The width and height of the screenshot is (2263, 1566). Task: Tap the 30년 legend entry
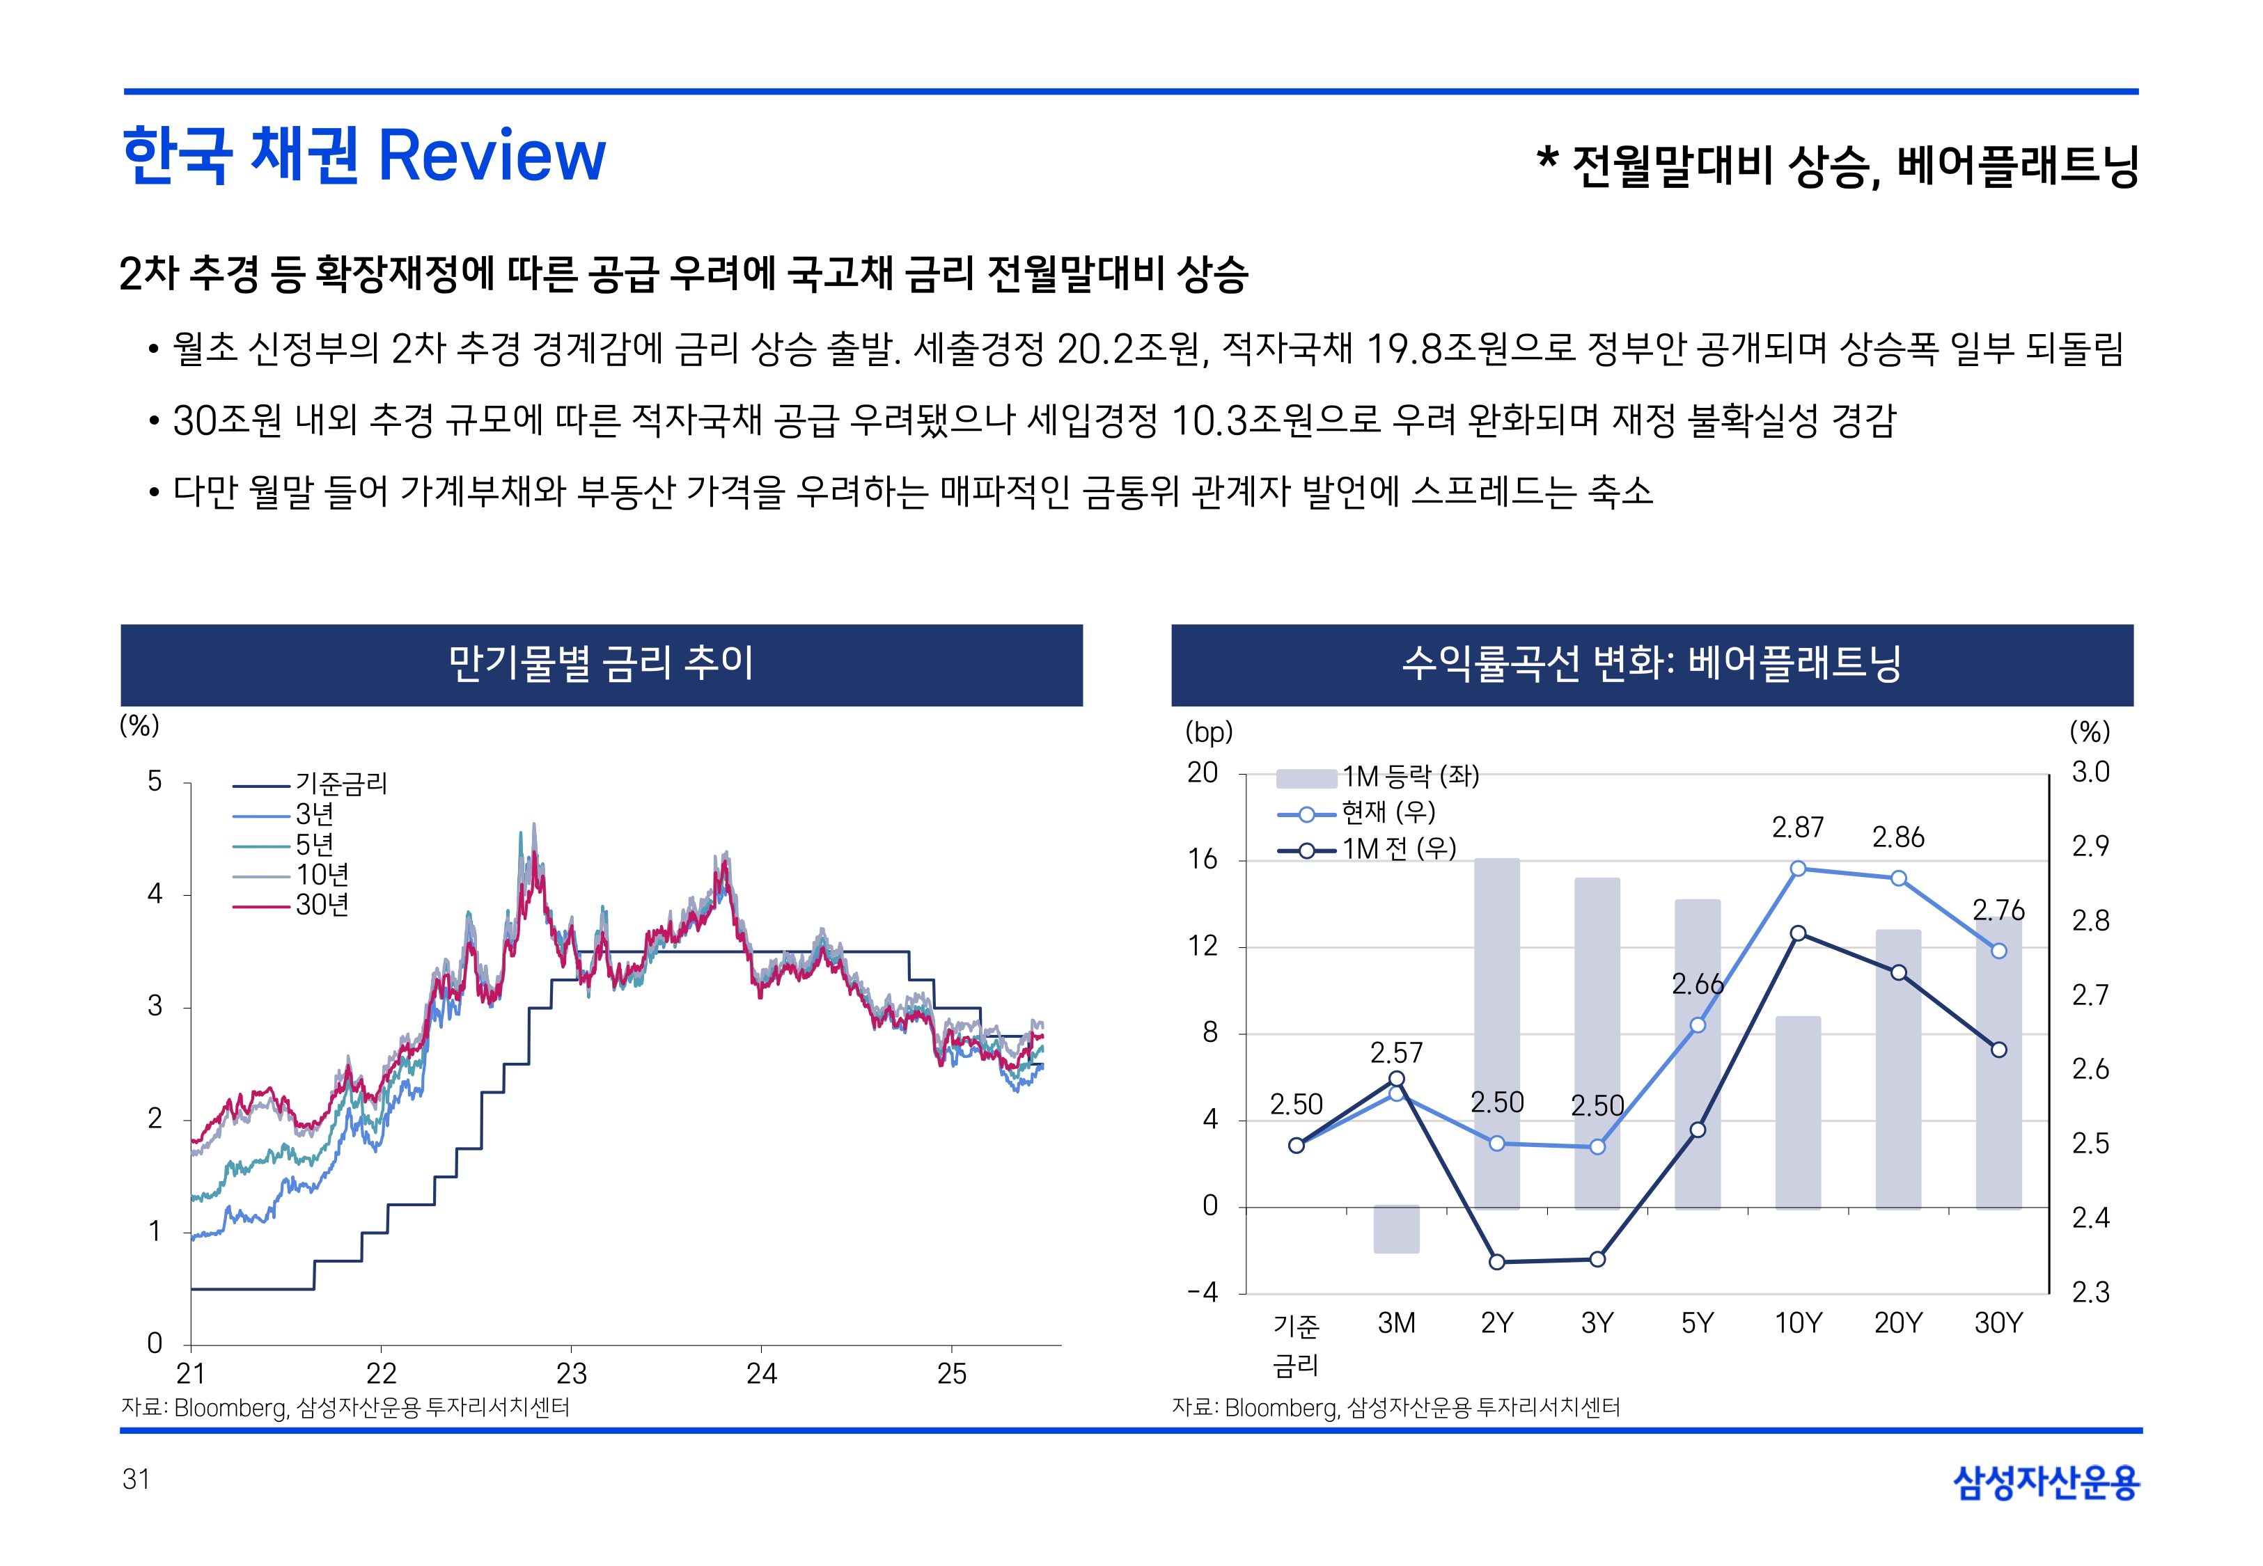[322, 905]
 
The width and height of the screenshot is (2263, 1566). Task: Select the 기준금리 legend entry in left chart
[340, 783]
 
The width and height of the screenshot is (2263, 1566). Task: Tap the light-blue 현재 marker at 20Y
[1898, 878]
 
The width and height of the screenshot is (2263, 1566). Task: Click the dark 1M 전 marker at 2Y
[1496, 1262]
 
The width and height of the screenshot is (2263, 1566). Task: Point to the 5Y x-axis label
[1697, 1324]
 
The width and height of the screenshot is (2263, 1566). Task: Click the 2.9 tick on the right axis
[2090, 846]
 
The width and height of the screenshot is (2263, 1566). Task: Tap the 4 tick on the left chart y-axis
[155, 894]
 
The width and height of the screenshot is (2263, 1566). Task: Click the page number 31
[136, 1480]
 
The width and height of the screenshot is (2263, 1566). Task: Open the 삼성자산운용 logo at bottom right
[2046, 1482]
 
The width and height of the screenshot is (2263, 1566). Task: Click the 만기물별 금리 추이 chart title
[601, 663]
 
